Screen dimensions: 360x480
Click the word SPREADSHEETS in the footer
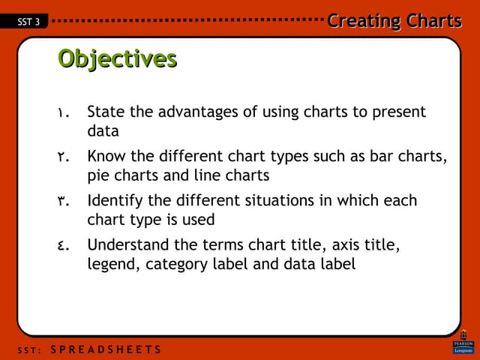tap(110, 350)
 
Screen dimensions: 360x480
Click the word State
tap(106, 112)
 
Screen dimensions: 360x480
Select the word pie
tap(98, 176)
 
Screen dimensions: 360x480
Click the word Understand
tap(127, 244)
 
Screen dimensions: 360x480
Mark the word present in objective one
tap(399, 112)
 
